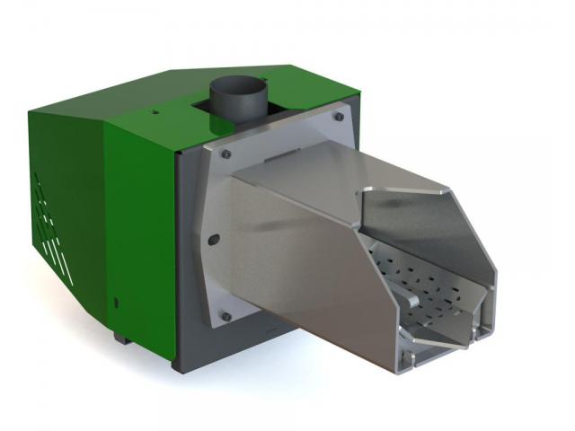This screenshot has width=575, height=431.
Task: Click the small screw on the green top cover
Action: point(155,112)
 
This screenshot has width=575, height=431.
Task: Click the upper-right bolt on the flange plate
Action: point(338,115)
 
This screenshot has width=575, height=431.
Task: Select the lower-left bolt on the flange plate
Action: point(226,316)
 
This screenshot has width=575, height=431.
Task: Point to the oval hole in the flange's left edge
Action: point(214,238)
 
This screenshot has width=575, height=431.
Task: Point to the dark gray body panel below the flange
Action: point(243,346)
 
